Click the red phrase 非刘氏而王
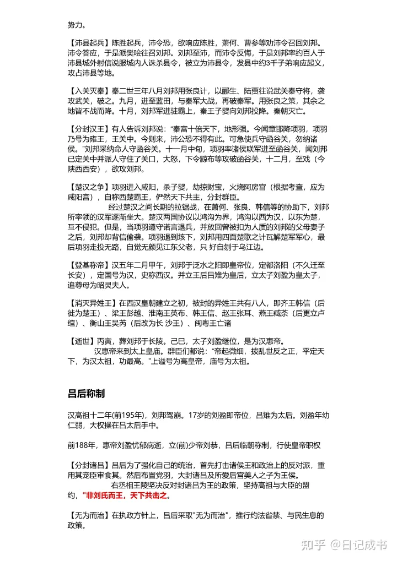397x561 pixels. pyautogui.click(x=105, y=495)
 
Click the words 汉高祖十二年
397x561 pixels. pyautogui.click(x=87, y=414)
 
